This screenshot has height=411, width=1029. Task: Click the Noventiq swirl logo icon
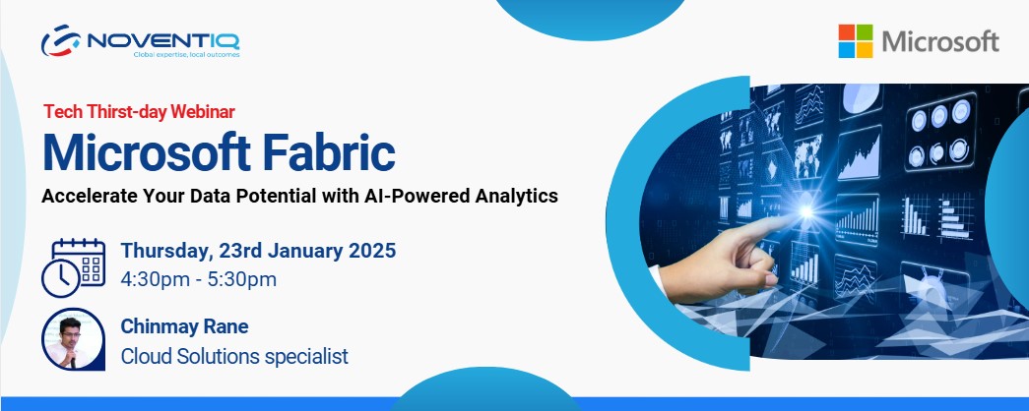click(x=61, y=40)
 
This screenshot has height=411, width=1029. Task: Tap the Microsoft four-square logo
click(x=856, y=41)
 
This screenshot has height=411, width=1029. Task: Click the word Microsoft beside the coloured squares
click(x=940, y=42)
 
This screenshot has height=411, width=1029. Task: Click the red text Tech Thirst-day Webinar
click(x=139, y=112)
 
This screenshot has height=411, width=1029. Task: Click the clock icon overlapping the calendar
click(x=60, y=278)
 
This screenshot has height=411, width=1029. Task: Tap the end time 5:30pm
click(x=242, y=279)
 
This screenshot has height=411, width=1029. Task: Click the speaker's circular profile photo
click(x=73, y=339)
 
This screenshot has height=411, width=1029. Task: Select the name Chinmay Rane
click(x=184, y=326)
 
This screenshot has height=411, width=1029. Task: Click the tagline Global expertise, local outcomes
click(x=186, y=55)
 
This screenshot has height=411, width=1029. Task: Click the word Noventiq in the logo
click(x=162, y=40)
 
